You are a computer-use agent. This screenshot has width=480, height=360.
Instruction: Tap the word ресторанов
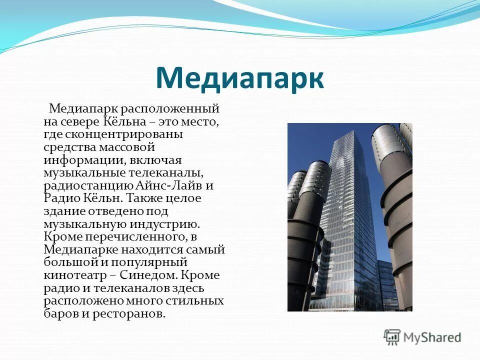134,314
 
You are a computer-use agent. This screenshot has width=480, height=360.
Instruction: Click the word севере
81,121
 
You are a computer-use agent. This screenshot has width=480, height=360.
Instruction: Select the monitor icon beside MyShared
392,337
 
